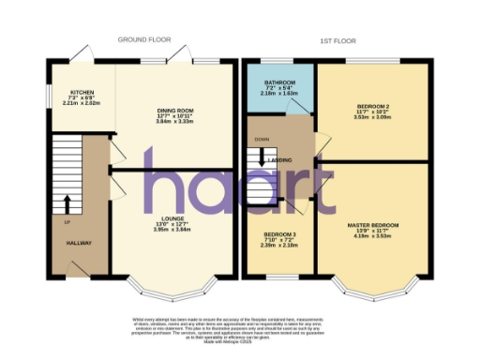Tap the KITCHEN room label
(81, 93)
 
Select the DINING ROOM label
(173, 111)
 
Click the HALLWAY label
(79, 243)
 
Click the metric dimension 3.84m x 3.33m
(174, 122)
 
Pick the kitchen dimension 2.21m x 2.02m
(81, 104)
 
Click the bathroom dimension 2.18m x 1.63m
(278, 94)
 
